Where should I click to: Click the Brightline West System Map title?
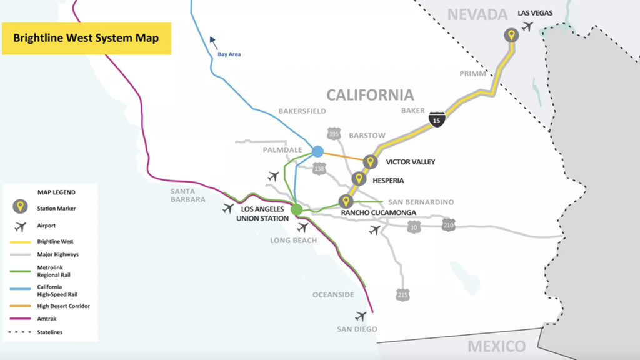(x=86, y=38)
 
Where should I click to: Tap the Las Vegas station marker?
(x=511, y=36)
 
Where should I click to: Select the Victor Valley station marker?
(x=371, y=162)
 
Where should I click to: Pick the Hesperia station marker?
(x=359, y=179)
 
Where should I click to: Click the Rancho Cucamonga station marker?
(x=346, y=201)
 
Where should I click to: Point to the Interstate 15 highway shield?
(x=437, y=119)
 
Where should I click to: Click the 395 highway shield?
(x=334, y=134)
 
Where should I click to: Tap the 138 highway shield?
(x=319, y=169)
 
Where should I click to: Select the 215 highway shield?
(x=402, y=294)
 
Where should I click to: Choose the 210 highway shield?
(x=448, y=225)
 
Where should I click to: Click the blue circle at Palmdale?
(x=317, y=151)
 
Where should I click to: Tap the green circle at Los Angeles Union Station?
(x=296, y=209)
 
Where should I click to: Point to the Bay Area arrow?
(x=213, y=42)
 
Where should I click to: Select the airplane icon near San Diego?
(x=361, y=316)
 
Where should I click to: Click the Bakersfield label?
(x=302, y=111)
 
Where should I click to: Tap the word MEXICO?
(x=497, y=346)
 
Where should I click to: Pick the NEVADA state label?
(x=477, y=14)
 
